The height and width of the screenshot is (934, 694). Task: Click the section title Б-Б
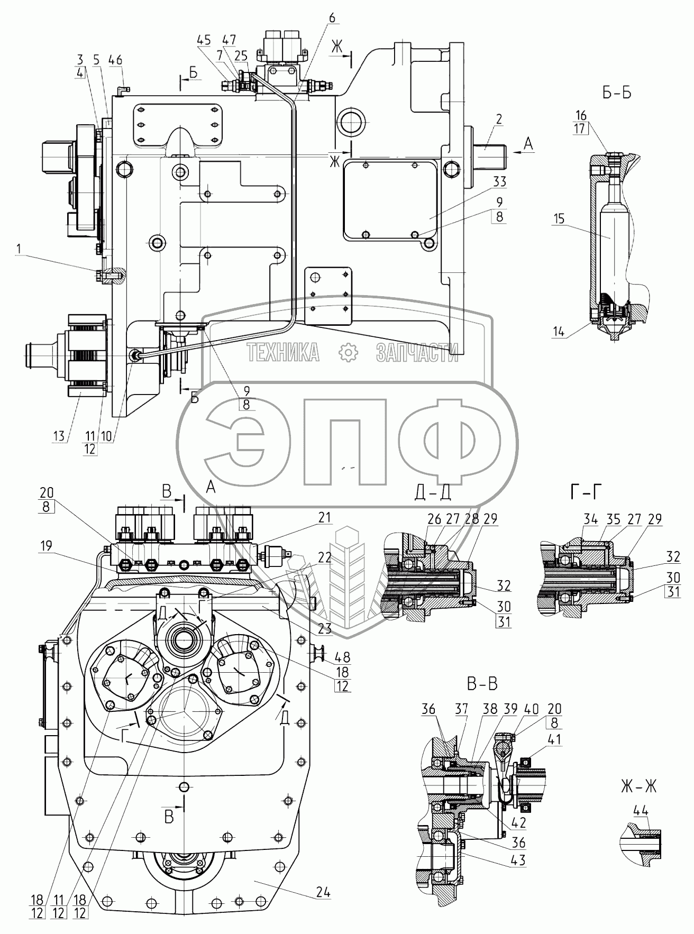[617, 93]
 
